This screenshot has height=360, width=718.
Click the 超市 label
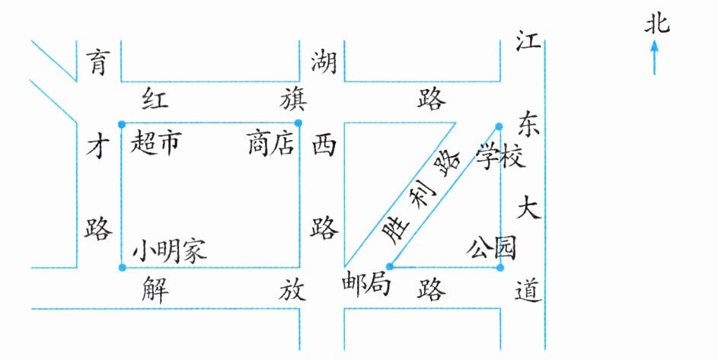tap(156, 142)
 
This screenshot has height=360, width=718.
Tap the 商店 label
tap(270, 143)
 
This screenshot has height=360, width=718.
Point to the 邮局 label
tap(366, 287)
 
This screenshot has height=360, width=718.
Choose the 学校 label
tap(500, 157)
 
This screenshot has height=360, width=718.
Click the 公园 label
tap(492, 248)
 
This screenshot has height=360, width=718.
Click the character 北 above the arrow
tap(656, 25)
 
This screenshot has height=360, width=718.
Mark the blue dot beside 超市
tap(121, 123)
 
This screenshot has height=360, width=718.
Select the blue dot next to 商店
tap(298, 123)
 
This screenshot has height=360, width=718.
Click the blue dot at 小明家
tap(122, 267)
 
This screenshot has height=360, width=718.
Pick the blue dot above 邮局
tap(389, 266)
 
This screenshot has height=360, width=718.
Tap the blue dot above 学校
tap(499, 126)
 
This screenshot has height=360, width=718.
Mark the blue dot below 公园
tap(499, 267)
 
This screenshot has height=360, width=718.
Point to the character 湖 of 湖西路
tap(324, 61)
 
